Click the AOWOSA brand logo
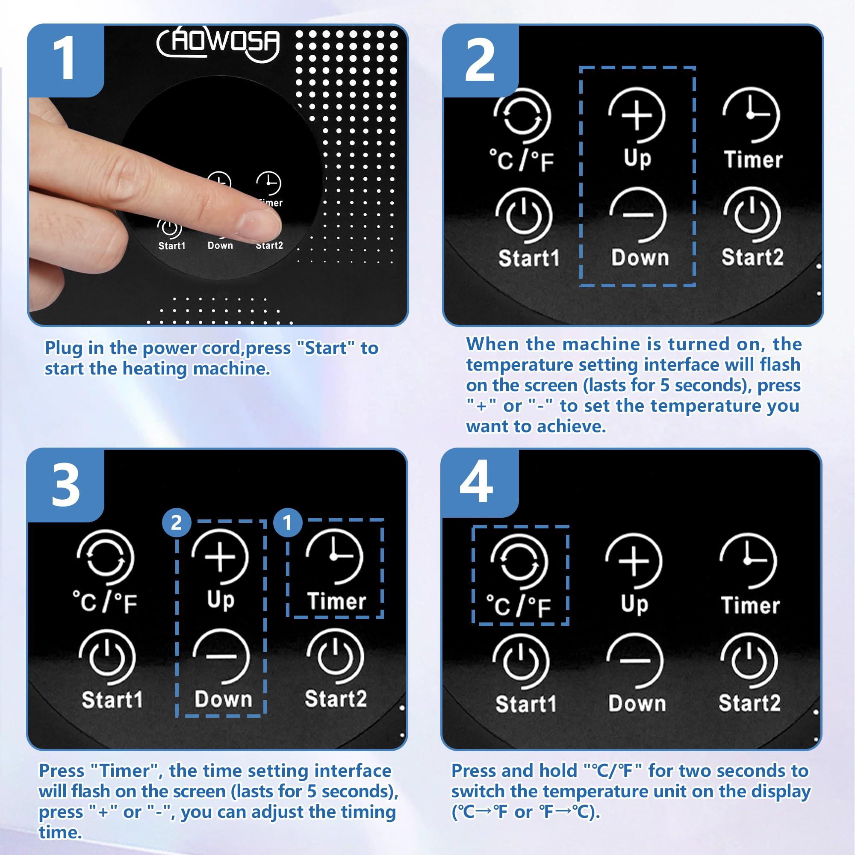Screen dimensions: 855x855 (218, 43)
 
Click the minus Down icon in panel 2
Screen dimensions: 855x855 (638, 215)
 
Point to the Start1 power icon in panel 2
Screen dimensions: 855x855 (524, 216)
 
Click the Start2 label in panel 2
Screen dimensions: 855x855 (752, 257)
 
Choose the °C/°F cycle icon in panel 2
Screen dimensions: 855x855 (522, 116)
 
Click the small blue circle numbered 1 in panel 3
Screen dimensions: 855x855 (288, 523)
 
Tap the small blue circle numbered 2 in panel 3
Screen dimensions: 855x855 (177, 523)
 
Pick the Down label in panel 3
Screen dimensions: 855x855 (224, 699)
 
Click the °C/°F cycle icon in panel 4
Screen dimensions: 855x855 (519, 562)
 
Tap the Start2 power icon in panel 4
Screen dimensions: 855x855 (749, 661)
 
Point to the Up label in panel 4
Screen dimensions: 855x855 (634, 605)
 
